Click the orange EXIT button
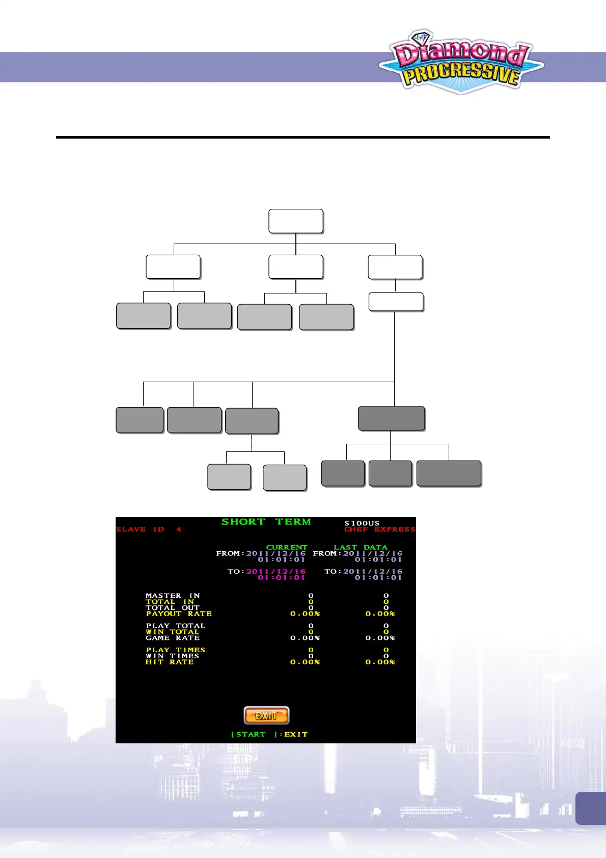click(x=266, y=715)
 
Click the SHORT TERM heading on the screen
click(x=266, y=522)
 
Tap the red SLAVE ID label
click(x=149, y=529)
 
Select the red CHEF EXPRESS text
click(x=379, y=529)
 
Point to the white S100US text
click(x=362, y=523)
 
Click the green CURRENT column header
click(x=287, y=547)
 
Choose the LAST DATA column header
click(x=361, y=547)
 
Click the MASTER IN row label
click(x=173, y=595)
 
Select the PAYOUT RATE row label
click(x=179, y=613)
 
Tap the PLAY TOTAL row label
click(x=175, y=626)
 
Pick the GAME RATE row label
click(x=173, y=638)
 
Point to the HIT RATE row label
click(x=170, y=662)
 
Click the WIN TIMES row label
click(x=172, y=656)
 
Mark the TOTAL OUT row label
click(x=173, y=607)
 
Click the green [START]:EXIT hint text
click(x=269, y=734)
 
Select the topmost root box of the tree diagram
click(x=296, y=221)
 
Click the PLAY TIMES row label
click(x=175, y=650)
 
